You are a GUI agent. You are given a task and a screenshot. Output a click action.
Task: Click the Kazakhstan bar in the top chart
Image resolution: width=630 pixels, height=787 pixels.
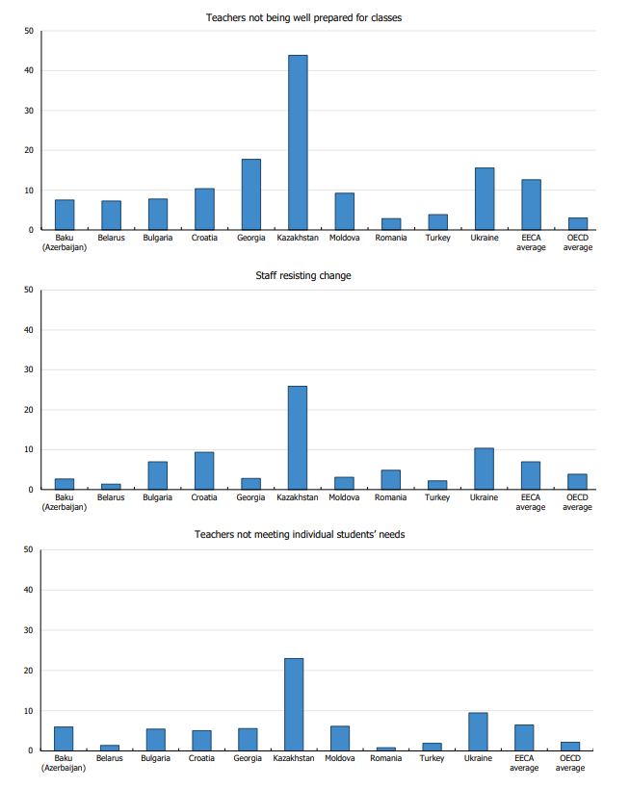tap(298, 142)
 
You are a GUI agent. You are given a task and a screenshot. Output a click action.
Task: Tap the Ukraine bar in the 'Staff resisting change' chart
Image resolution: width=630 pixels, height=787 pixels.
tap(484, 469)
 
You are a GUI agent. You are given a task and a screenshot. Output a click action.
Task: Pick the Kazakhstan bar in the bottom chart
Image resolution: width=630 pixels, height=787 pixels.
tap(294, 704)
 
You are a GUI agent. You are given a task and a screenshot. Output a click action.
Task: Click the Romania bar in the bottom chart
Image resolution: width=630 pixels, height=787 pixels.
tap(385, 749)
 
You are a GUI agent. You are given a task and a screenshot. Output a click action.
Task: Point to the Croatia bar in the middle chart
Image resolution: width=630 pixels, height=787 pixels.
tap(204, 470)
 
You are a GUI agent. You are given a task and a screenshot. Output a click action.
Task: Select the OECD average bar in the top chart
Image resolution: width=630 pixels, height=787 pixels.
tap(577, 224)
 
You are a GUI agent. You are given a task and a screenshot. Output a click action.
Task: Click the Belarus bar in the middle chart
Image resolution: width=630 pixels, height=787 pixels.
tap(111, 486)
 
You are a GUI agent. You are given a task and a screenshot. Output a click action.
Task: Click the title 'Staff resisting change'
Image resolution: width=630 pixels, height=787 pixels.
tap(302, 276)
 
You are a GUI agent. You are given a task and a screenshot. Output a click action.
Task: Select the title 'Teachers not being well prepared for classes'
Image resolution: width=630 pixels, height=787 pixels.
tap(303, 17)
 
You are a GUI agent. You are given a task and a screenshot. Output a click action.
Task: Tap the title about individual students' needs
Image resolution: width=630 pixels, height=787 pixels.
tap(300, 534)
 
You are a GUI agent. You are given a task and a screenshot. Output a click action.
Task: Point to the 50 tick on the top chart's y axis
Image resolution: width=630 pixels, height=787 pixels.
tap(29, 31)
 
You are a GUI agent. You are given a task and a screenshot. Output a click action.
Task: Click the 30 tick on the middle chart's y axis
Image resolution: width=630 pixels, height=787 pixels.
tap(29, 369)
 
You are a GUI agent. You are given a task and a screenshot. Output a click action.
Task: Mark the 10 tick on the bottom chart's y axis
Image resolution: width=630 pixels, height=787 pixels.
tap(29, 711)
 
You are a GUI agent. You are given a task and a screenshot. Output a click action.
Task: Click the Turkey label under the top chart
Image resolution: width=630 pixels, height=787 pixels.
tap(437, 238)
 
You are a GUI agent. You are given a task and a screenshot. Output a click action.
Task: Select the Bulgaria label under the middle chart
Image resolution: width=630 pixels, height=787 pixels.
tap(158, 497)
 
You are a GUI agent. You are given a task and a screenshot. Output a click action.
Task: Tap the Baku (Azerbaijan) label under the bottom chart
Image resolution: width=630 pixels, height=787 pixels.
tap(64, 763)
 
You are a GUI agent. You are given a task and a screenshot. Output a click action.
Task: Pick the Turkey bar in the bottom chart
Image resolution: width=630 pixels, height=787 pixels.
tap(432, 747)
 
